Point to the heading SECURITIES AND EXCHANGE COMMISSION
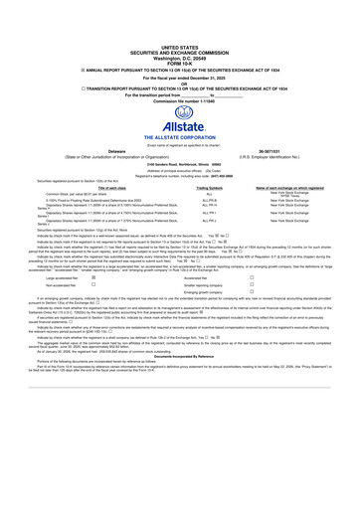click(179, 53)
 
